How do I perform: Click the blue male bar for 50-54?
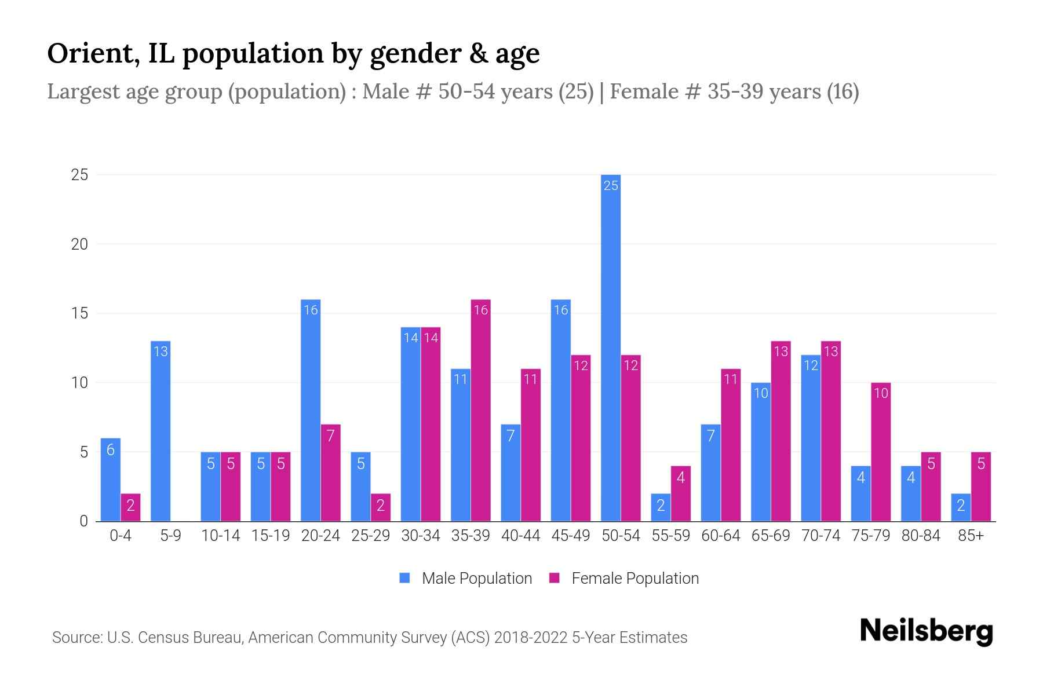point(611,348)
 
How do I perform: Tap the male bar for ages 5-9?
point(161,431)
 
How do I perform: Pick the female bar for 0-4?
point(130,507)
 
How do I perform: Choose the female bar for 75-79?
point(881,452)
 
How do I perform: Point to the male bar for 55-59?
point(661,507)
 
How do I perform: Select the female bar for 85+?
point(981,487)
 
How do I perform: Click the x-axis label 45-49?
point(571,536)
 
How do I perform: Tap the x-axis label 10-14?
point(220,536)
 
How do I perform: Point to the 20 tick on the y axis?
point(79,244)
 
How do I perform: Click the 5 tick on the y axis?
point(83,452)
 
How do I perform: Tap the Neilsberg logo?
point(926,631)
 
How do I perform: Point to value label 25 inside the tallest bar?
point(611,185)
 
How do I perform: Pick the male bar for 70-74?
point(811,438)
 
